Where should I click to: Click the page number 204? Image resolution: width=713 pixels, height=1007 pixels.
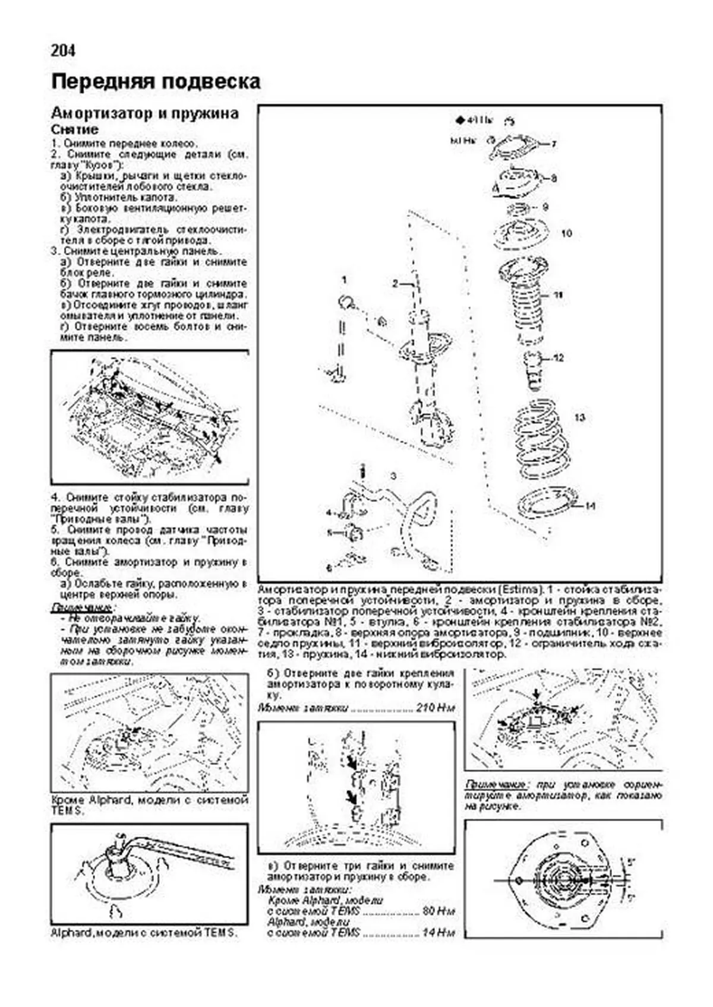coord(63,51)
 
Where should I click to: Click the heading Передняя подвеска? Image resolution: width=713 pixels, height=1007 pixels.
coord(156,82)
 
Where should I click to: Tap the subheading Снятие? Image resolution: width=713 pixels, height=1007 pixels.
coord(74,129)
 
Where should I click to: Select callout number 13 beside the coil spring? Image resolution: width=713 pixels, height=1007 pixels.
coord(579,417)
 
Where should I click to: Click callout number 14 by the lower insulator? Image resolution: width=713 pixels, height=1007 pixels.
coord(589,506)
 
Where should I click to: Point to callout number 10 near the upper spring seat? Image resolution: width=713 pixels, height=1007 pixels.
coord(566,233)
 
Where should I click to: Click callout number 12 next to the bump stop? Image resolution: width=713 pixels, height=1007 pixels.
coord(558,358)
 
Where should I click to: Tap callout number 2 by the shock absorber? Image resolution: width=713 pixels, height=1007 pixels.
coord(395,284)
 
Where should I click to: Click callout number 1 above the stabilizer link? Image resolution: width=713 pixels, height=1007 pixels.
coord(343,279)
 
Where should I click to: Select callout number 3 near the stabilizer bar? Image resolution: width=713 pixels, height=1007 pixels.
coord(393,476)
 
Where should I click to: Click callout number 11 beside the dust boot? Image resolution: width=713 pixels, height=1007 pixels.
coord(557,295)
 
